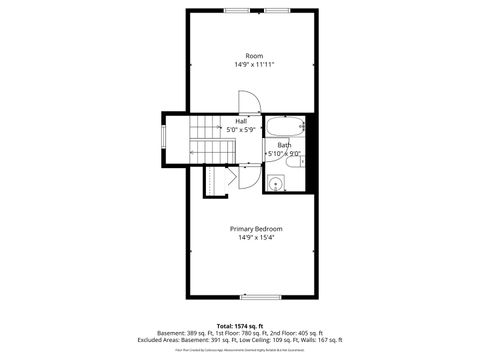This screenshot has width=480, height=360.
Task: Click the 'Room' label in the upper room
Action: pos(254,55)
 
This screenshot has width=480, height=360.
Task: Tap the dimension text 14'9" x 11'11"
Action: pos(255,64)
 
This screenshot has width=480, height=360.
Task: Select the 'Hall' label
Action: pos(241,121)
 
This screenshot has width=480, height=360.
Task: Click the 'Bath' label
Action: pos(284,145)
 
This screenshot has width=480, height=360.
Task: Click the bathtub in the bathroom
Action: pos(288,127)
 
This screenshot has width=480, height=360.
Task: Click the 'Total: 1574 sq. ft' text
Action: pos(239,326)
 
